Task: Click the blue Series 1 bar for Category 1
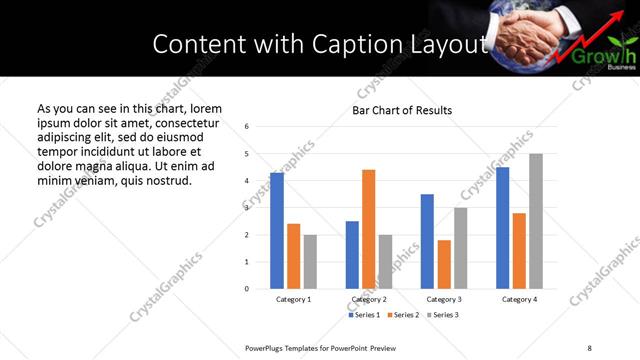pos(277,231)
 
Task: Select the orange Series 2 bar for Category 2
pos(369,229)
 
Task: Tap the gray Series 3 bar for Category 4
pos(536,221)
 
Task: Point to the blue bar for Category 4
pos(503,228)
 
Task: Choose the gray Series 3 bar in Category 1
pos(310,262)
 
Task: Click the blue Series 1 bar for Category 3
pos(427,241)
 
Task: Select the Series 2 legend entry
pos(404,315)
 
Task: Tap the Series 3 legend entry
pos(442,315)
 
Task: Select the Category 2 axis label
pos(369,299)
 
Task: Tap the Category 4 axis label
pos(520,299)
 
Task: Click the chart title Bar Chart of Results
pos(402,110)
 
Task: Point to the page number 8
pos(589,347)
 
